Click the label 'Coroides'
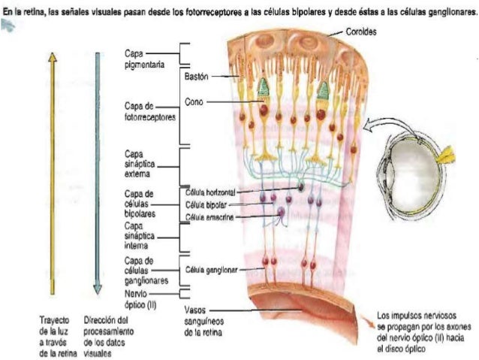click(363, 32)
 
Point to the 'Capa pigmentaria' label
click(140, 59)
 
